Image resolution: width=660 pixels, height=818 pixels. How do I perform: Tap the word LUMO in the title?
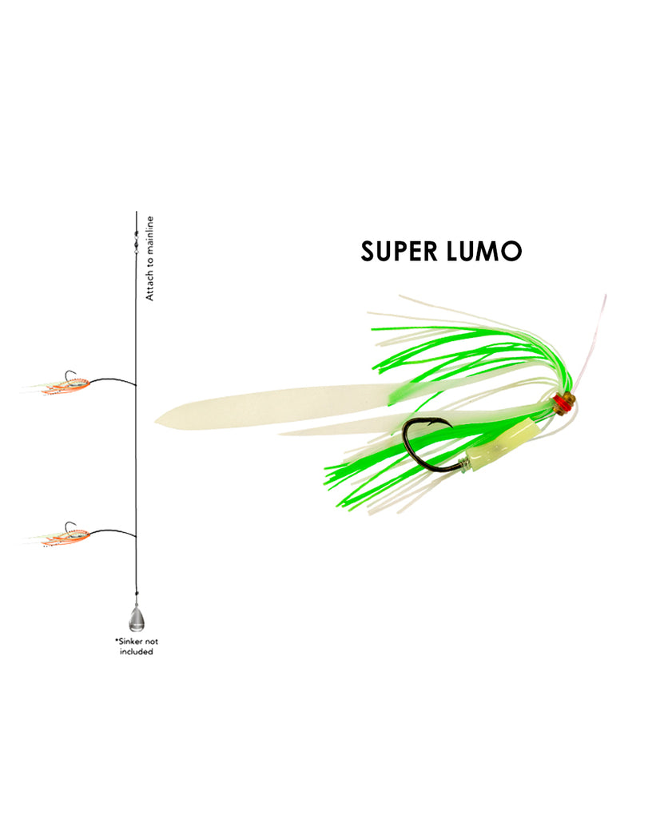click(484, 252)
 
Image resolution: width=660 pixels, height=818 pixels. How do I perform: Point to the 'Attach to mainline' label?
click(149, 258)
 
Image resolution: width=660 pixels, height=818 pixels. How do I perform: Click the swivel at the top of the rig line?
click(136, 243)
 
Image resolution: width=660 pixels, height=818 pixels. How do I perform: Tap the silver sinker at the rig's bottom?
click(136, 617)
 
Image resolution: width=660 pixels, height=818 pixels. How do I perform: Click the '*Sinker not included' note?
click(136, 646)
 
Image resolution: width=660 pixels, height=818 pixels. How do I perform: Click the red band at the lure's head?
click(560, 403)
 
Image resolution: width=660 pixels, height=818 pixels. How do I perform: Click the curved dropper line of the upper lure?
click(112, 379)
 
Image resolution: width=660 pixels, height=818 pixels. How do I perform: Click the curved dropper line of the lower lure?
click(112, 531)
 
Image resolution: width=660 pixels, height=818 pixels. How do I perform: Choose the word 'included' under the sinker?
click(136, 652)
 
